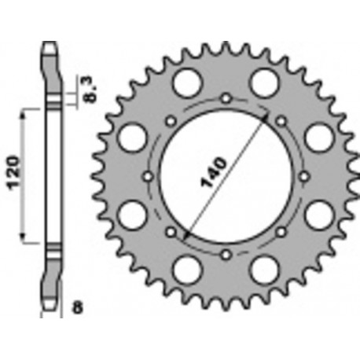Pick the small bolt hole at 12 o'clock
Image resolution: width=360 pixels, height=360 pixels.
pos(226,98)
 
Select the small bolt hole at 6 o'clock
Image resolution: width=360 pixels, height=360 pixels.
pos(226,253)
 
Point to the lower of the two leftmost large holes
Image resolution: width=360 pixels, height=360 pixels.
pos(131,214)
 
